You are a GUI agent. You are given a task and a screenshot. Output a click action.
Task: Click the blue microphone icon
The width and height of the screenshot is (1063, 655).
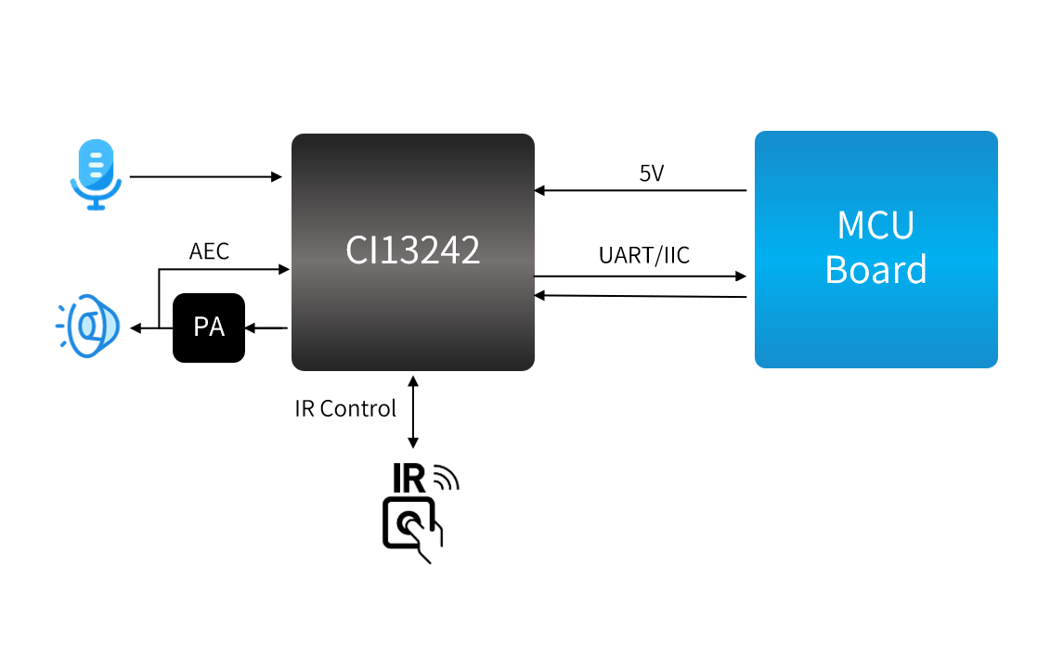[x=96, y=173]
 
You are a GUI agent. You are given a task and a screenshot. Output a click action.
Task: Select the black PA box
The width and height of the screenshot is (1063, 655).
[x=209, y=327]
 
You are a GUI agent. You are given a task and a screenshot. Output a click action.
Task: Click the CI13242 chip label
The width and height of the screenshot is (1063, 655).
[x=413, y=250]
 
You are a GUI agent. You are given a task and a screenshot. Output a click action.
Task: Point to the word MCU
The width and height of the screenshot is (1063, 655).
[x=875, y=225]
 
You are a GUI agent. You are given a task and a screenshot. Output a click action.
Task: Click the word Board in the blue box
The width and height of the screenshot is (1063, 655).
[x=875, y=270]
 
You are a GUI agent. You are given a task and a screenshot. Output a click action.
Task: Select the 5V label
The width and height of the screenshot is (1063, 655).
[x=652, y=173]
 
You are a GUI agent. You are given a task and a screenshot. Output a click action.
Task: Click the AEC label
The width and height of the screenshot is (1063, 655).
[x=209, y=251]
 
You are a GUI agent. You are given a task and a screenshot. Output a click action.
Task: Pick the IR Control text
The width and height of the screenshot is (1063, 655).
[x=345, y=408]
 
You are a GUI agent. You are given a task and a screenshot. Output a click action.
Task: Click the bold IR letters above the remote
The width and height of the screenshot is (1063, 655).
[x=409, y=478]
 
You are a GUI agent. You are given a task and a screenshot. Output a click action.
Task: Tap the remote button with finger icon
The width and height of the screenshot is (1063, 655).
[x=411, y=528]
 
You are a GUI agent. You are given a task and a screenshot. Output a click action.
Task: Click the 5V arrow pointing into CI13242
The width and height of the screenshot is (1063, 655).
[x=641, y=190]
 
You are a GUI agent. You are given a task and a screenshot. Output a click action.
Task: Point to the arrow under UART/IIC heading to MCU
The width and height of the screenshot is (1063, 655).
[x=641, y=276]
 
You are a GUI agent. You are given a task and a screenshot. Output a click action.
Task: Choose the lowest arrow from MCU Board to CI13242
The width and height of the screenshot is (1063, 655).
[x=641, y=296]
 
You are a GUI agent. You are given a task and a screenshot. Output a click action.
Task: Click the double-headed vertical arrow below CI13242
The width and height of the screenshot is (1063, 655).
[x=413, y=412]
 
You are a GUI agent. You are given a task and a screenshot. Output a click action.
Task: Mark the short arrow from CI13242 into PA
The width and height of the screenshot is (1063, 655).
[x=266, y=327]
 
